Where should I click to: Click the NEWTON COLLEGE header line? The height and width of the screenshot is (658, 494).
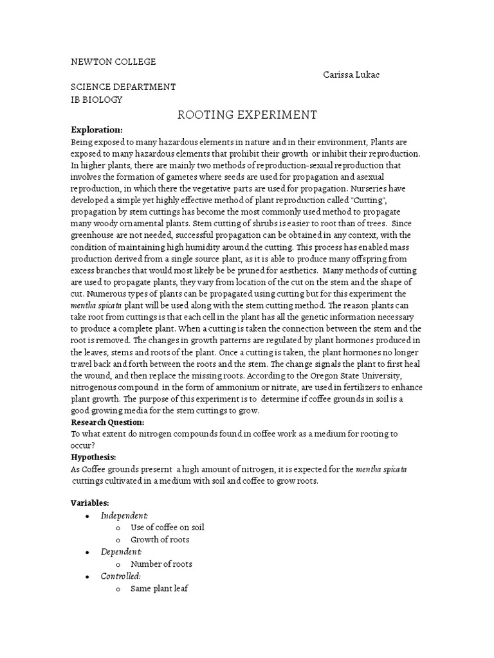click(113, 62)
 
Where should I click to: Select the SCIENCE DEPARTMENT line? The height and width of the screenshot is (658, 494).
click(123, 87)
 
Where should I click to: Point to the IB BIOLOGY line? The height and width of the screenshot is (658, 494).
click(96, 100)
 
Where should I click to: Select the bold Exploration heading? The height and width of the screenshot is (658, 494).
click(96, 130)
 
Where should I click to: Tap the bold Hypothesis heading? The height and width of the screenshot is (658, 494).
click(93, 457)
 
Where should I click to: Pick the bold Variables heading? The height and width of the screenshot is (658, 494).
click(90, 503)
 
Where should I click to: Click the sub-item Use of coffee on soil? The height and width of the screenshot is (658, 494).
click(167, 528)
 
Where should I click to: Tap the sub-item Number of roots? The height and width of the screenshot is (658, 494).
click(161, 564)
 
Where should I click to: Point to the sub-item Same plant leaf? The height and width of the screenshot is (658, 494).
click(159, 589)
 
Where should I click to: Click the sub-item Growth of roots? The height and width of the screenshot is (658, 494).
click(160, 540)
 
